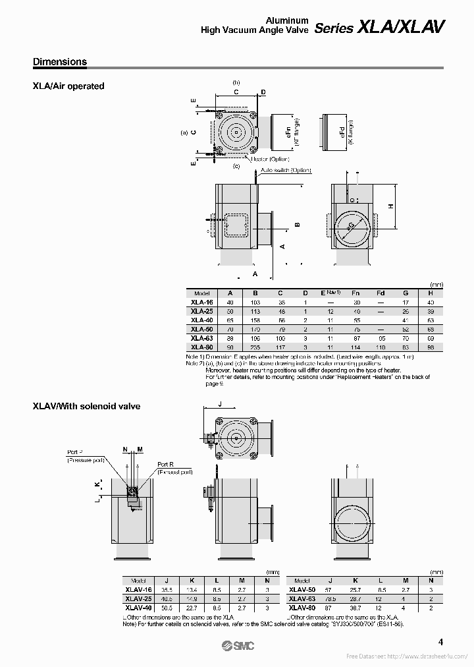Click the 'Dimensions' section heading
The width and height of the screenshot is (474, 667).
click(60, 62)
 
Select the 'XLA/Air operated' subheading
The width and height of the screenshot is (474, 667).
click(68, 86)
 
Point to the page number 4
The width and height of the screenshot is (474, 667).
click(440, 642)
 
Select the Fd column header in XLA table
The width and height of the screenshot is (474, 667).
click(381, 293)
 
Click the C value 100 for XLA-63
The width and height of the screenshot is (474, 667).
click(280, 337)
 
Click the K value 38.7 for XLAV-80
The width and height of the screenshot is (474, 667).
click(356, 607)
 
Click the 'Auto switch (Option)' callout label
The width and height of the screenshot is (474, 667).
click(285, 170)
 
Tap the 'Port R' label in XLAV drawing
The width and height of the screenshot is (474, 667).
click(166, 464)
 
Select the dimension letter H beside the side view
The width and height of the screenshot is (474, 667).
click(390, 206)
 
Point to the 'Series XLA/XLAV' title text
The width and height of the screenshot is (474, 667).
click(379, 27)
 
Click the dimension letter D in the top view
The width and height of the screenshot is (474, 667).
click(263, 92)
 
